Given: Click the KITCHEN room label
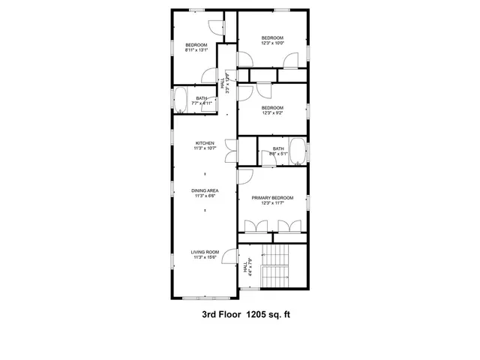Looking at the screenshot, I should (205, 143).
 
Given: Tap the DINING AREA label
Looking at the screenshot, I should (205, 191).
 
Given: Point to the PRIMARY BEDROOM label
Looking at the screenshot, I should (272, 197).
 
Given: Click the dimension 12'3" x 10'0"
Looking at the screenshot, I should (272, 43).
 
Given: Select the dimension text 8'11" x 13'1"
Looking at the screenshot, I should (196, 50).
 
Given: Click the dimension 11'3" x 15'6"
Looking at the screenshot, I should (205, 258).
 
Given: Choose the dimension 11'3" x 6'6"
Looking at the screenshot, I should (205, 196).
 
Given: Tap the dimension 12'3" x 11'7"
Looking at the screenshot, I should (272, 202).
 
